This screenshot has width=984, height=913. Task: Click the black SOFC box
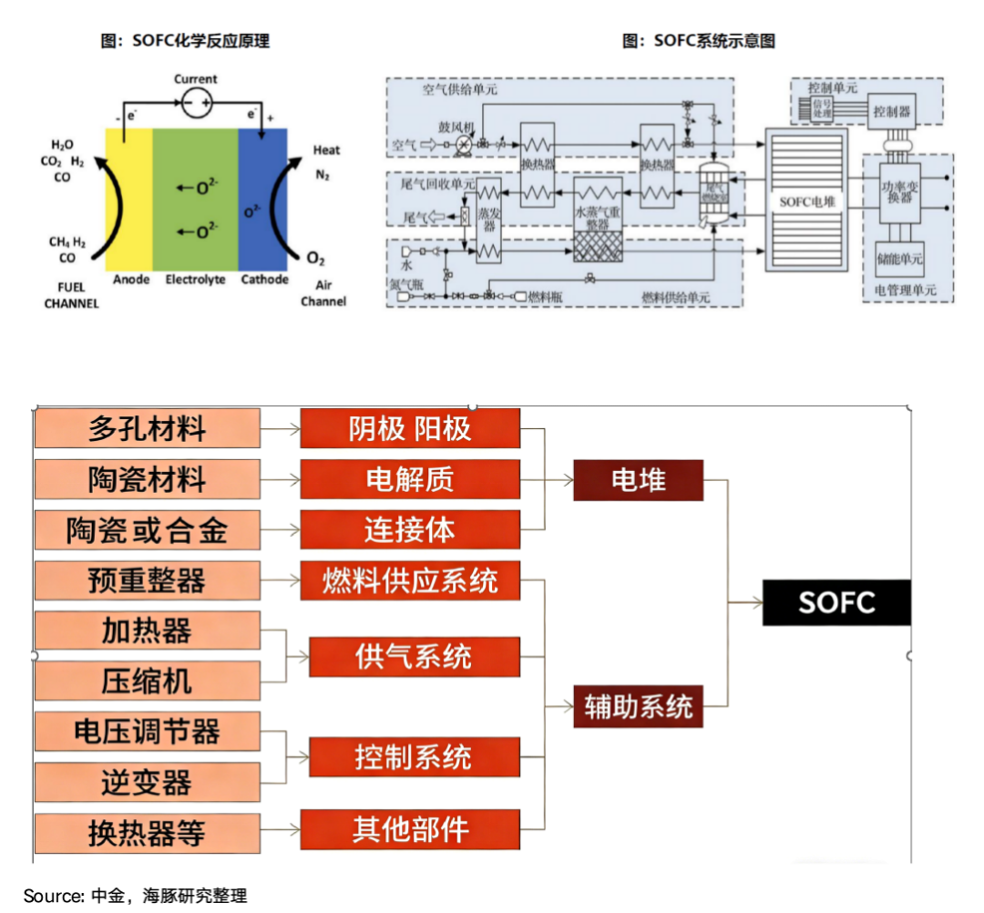coord(835,602)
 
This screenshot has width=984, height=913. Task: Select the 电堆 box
coord(638,480)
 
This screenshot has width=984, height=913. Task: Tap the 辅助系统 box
coord(638,706)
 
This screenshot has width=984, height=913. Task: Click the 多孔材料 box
coord(147,428)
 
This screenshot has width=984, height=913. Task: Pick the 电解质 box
coord(410,479)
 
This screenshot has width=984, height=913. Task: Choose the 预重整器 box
coord(147,580)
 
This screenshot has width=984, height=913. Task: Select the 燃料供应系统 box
coord(410,580)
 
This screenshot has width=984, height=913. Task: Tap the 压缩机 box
coord(147,682)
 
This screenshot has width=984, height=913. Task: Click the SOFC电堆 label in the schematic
coord(807,201)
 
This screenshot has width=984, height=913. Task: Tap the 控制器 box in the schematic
coord(891,112)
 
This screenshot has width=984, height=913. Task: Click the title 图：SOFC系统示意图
coord(698,41)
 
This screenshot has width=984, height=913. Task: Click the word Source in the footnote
coord(52,897)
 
